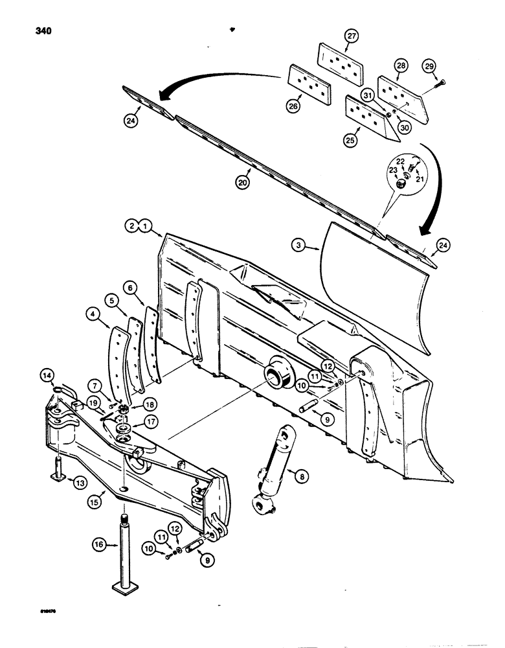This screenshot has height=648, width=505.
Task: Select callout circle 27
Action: coord(352,37)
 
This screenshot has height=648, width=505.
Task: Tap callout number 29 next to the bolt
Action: coord(429,67)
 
